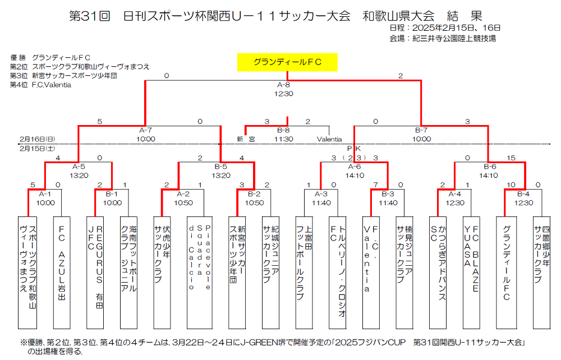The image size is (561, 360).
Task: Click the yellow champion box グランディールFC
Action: point(287,62)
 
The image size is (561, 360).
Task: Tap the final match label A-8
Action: point(283,85)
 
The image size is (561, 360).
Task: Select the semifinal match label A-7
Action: point(145,130)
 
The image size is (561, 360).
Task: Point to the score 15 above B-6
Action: point(510,159)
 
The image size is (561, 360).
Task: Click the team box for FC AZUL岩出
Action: point(62,272)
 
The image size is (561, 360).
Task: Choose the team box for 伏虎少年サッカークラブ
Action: point(162,272)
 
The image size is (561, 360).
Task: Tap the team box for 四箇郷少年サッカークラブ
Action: point(541,272)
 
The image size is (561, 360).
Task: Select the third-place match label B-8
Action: point(283,130)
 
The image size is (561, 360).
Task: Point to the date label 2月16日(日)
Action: point(37,139)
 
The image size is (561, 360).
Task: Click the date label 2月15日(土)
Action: point(37,149)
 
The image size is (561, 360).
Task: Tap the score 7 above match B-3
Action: point(375,185)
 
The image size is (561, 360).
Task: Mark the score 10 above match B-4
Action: point(511,185)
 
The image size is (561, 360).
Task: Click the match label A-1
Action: point(46,194)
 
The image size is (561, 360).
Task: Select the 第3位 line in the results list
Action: point(63,76)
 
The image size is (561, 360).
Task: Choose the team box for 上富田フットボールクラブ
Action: point(305,272)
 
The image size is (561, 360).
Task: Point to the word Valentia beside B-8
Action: point(329,139)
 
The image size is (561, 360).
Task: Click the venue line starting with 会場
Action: point(442,39)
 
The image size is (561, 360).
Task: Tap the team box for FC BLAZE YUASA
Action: point(471,272)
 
